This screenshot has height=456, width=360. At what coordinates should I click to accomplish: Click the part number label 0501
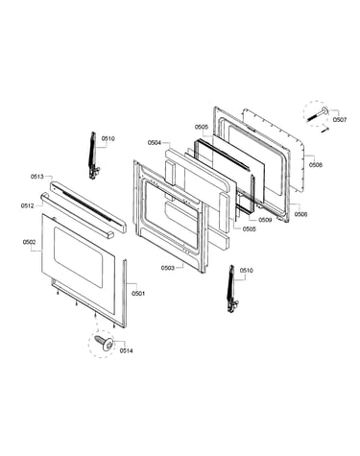click(138, 294)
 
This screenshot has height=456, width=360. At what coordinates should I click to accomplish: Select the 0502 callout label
click(29, 242)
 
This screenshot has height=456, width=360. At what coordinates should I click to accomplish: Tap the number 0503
click(168, 268)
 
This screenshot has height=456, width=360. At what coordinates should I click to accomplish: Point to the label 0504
click(155, 143)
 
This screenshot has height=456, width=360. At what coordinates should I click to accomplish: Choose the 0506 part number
click(300, 214)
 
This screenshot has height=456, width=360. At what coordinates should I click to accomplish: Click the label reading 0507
click(340, 120)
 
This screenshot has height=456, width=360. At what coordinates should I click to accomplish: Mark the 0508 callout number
click(316, 165)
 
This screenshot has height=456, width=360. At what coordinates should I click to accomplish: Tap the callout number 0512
click(28, 205)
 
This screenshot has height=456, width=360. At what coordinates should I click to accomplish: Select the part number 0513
click(37, 177)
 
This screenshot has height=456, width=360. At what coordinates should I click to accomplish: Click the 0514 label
click(127, 350)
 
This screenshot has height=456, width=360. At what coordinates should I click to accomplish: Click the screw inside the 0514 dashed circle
click(105, 343)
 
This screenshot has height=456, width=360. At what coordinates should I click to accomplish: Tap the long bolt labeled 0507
click(318, 114)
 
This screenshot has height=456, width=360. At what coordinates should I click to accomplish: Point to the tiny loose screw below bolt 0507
click(325, 129)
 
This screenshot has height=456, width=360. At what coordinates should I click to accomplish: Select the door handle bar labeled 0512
click(77, 216)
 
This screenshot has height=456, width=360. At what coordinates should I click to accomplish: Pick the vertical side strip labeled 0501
click(125, 293)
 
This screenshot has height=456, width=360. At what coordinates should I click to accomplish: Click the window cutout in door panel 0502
click(78, 257)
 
